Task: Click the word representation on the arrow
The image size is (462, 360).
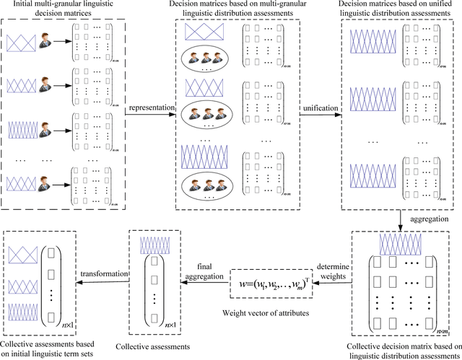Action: point(152,109)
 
